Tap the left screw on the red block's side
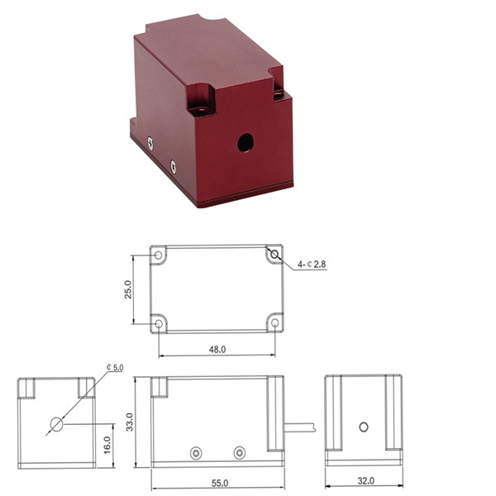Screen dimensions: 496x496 (150, 142)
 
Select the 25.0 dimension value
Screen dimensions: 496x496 (128, 289)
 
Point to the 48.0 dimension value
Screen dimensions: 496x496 (217, 350)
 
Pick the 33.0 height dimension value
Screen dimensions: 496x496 (128, 422)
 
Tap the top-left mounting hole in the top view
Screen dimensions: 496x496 (160, 255)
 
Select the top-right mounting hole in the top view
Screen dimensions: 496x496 (274, 255)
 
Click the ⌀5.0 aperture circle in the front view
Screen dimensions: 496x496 (56, 425)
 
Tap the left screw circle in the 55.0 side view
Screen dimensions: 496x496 (196, 452)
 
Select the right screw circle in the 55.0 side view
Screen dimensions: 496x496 (240, 452)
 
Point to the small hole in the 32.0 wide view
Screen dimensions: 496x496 (363, 427)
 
